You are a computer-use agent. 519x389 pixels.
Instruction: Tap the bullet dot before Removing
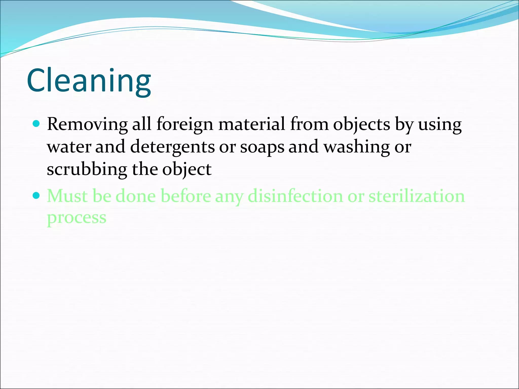pyautogui.click(x=36, y=124)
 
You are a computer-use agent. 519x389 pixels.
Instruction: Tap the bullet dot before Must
pyautogui.click(x=36, y=196)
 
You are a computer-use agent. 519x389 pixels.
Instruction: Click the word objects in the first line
pyautogui.click(x=361, y=125)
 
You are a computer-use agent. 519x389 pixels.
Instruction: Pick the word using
pyautogui.click(x=440, y=125)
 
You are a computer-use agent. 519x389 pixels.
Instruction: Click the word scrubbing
pyautogui.click(x=87, y=169)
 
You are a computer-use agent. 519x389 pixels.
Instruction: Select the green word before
pyautogui.click(x=186, y=196)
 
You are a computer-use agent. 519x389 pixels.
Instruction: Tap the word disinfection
pyautogui.click(x=295, y=196)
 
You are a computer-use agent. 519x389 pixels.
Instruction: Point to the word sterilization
pyautogui.click(x=417, y=196)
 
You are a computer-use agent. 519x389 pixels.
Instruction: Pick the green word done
pyautogui.click(x=136, y=196)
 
